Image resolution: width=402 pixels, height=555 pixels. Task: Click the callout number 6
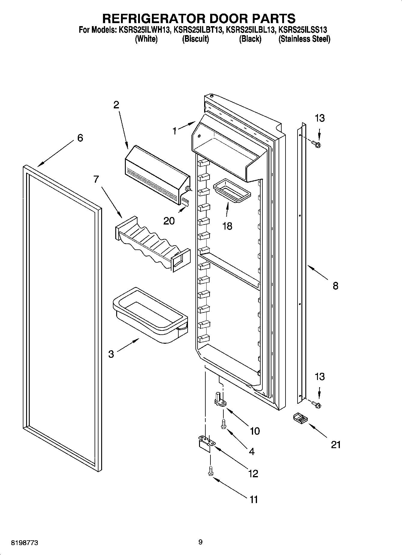click(x=80, y=138)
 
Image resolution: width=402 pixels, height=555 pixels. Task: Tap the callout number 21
click(x=336, y=445)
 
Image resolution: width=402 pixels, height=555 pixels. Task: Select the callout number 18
click(x=227, y=226)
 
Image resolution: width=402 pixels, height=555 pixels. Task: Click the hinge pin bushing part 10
click(x=220, y=400)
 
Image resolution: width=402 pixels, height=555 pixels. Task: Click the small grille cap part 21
click(x=300, y=418)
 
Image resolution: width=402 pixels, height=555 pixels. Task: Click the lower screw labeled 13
click(x=316, y=404)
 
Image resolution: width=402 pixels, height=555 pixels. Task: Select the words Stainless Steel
click(x=304, y=39)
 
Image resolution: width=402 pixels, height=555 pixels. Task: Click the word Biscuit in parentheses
click(x=195, y=39)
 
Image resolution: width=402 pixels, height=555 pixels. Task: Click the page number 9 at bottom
click(x=200, y=542)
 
